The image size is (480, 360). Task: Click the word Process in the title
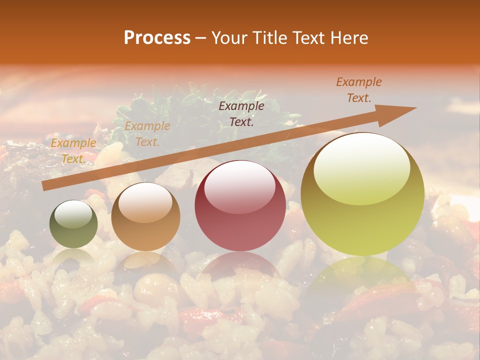[157, 38]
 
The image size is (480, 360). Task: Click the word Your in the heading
[229, 38]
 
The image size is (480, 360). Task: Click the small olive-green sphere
[73, 224]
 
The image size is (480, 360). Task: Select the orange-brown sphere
[145, 217]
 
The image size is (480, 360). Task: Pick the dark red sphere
[240, 206]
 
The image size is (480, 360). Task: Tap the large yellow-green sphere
[362, 194]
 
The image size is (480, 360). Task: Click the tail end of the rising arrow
[44, 186]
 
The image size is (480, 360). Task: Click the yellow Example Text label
[73, 151]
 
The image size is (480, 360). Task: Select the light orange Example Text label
[147, 134]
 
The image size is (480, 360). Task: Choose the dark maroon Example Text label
[241, 114]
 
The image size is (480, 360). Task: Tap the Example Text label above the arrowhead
[359, 90]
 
